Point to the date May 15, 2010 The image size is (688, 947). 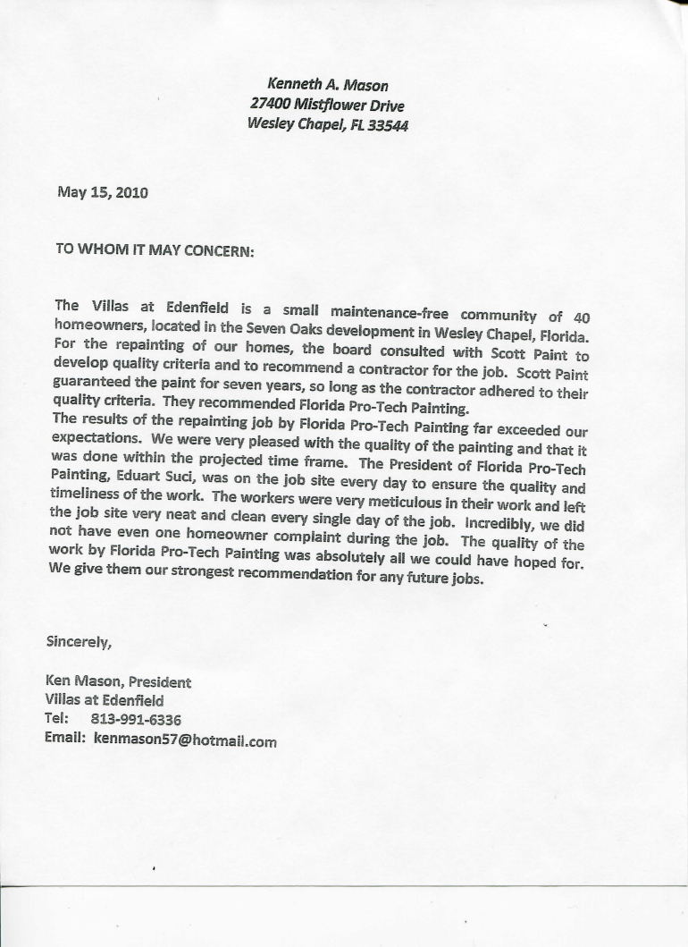click(x=103, y=192)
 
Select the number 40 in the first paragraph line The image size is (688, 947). click(x=581, y=317)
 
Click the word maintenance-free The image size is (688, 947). click(x=388, y=313)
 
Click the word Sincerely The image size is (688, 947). click(x=79, y=641)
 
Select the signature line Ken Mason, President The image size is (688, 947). click(x=118, y=681)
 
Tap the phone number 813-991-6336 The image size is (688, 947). click(x=136, y=720)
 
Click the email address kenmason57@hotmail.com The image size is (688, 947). click(x=185, y=740)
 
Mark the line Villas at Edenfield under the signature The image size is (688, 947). click(x=105, y=700)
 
